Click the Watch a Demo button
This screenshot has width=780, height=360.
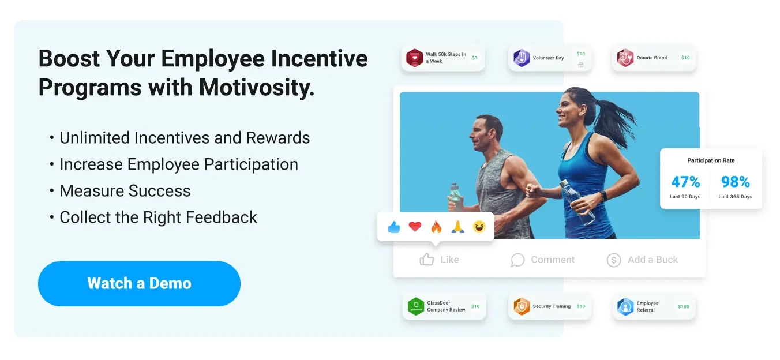(x=139, y=283)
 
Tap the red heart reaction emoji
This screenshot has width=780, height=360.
(x=415, y=227)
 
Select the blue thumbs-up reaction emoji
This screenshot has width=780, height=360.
(x=394, y=227)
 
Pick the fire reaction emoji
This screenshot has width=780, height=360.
(x=436, y=227)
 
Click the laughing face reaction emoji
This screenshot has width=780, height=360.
(x=479, y=227)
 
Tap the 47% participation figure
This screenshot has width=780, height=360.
(x=685, y=182)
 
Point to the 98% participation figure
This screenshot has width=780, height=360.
(x=735, y=182)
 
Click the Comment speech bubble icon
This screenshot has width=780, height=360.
(x=517, y=260)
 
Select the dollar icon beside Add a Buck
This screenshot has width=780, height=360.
(x=614, y=260)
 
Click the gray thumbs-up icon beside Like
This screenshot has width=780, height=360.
(x=427, y=260)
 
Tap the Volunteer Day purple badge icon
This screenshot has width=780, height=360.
(x=522, y=58)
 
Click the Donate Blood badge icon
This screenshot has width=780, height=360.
(x=625, y=58)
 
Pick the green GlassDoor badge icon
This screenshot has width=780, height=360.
(x=416, y=306)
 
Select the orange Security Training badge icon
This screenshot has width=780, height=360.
(x=522, y=306)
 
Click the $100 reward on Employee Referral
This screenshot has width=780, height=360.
(x=684, y=306)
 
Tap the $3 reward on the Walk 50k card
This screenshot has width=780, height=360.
(x=474, y=58)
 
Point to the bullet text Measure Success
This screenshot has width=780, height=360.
(x=125, y=191)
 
